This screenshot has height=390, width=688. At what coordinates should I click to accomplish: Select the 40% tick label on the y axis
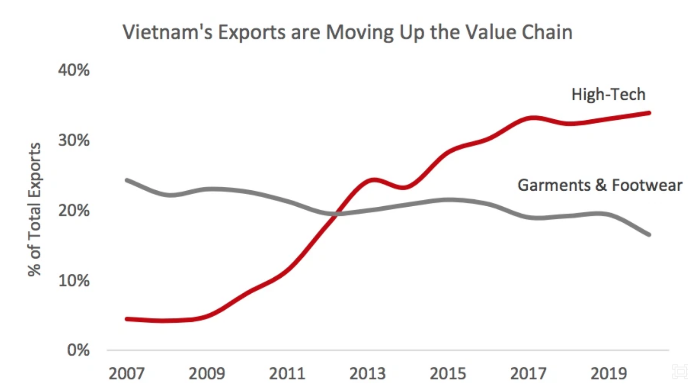coord(74,70)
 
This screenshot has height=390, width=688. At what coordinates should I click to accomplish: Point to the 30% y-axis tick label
coord(74,140)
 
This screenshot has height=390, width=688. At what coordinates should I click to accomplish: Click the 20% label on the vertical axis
coord(74,211)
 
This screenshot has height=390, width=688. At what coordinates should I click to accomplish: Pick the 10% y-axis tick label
coord(74,281)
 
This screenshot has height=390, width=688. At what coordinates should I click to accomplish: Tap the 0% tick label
coord(78,350)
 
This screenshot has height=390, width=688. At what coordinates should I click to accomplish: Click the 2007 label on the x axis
coord(127,374)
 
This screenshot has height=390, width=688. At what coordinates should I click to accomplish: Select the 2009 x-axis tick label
coord(207,374)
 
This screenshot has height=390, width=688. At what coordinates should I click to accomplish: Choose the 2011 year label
coord(287,374)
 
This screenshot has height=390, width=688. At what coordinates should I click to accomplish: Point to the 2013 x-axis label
coord(367,374)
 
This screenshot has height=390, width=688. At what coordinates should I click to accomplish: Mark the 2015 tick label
coord(448,374)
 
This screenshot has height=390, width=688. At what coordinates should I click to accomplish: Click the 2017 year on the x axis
coord(528,374)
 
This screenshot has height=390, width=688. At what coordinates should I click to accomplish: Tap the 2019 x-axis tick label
coord(609,374)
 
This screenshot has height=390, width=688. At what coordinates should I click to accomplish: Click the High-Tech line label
coord(608,95)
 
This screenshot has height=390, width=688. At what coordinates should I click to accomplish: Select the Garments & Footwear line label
coord(600,185)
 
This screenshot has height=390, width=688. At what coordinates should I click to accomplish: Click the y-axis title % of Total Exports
coord(35,209)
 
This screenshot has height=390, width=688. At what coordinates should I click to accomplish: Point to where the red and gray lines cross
coord(336,214)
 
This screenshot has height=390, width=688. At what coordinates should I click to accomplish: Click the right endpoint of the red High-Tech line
coord(649,113)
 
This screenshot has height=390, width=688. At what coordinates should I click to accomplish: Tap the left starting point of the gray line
coord(127,180)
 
